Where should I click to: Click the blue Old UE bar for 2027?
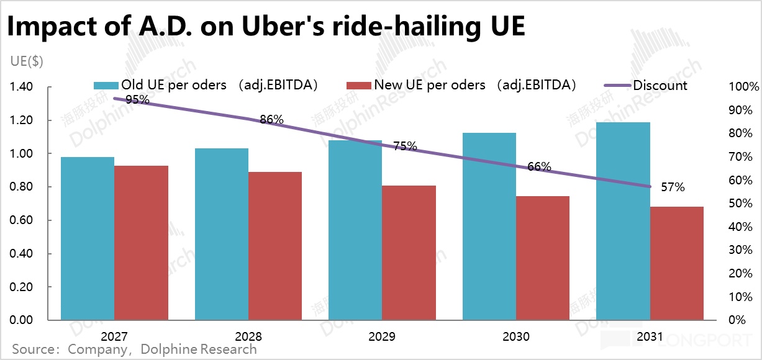point(88,239)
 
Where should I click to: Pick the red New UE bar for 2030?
point(543,258)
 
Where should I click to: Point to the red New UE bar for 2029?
point(409,253)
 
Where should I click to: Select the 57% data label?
point(673,187)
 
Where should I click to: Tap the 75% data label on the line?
point(405,146)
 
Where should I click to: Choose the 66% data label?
point(539,166)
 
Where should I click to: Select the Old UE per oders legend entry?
point(206,86)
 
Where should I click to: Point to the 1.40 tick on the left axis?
point(23,87)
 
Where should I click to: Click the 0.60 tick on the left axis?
point(23,220)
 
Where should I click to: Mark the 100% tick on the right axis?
point(745,87)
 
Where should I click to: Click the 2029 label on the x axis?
point(381,337)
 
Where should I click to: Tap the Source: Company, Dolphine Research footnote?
point(134,349)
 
